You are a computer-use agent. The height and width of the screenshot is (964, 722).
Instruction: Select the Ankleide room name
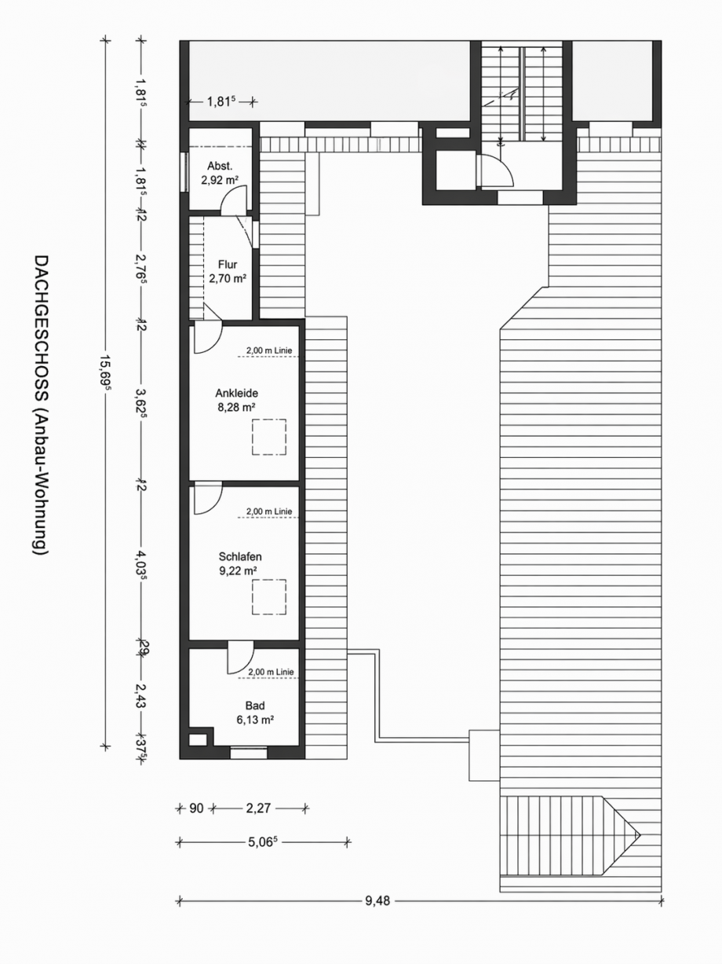click(x=237, y=393)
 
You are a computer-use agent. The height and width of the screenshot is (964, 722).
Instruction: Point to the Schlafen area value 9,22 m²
click(x=239, y=571)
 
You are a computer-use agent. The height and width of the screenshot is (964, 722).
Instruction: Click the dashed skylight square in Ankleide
click(x=268, y=437)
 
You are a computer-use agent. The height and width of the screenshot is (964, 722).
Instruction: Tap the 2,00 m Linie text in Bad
click(x=270, y=673)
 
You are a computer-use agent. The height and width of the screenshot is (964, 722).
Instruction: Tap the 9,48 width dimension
click(x=377, y=900)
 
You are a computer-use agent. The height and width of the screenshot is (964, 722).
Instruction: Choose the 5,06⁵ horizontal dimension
click(x=264, y=842)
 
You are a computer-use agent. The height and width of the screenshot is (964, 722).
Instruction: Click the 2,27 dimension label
click(x=259, y=807)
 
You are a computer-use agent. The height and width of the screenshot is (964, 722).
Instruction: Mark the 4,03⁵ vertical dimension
click(x=141, y=564)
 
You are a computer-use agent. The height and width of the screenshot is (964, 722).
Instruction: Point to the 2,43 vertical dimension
click(x=141, y=695)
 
